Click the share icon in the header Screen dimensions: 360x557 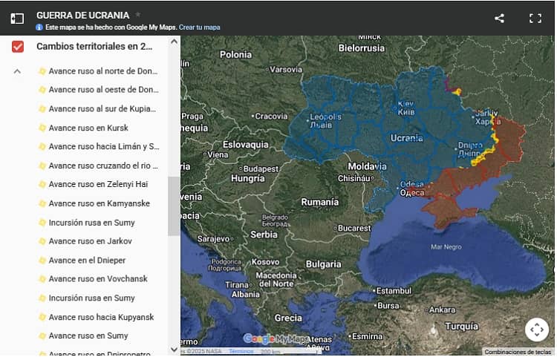(499, 19)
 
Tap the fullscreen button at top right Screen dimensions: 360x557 (535, 19)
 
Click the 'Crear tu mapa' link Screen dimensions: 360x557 (199, 27)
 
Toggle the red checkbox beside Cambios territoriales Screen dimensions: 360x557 (18, 47)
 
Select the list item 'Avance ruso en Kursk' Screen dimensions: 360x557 (88, 128)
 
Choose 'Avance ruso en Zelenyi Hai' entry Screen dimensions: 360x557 (98, 184)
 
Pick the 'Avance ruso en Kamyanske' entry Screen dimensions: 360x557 (99, 203)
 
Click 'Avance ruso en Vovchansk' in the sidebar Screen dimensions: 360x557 (98, 279)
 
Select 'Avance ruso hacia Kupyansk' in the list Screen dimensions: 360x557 (101, 317)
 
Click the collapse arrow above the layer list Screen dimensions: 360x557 (18, 72)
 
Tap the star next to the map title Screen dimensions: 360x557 (138, 15)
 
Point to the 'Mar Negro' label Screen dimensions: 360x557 (446, 246)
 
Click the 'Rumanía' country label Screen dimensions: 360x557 (319, 202)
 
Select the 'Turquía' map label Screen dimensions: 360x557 (461, 326)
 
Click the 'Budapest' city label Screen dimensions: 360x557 (260, 168)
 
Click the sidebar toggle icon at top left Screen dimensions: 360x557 (17, 19)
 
